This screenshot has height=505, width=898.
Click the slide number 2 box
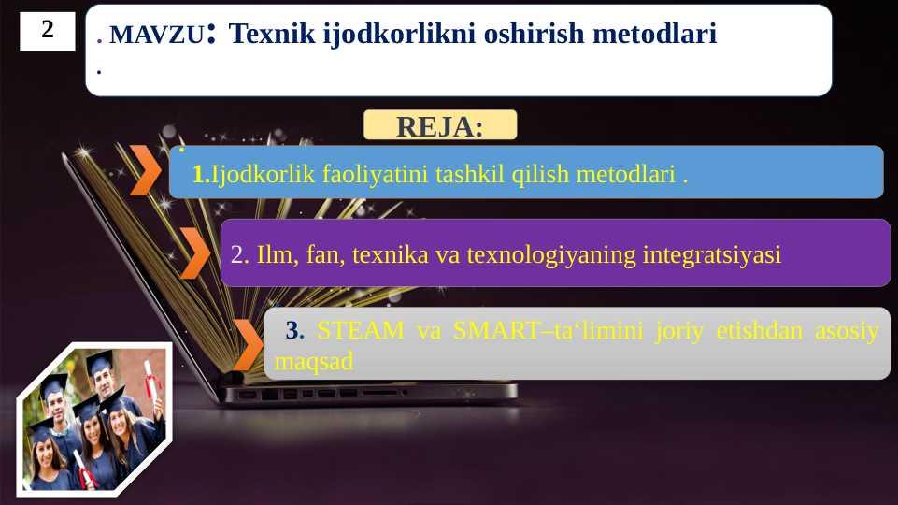pos(48,32)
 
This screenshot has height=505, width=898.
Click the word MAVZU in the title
pos(156,35)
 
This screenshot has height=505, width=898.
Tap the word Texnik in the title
pos(272,34)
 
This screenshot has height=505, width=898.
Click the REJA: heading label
pos(440,126)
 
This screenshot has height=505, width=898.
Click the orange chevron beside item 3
pos(248,345)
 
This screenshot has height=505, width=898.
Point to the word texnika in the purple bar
pos(390,255)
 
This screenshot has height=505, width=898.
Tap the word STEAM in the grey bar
pos(361,331)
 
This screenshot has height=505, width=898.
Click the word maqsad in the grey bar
pos(314,362)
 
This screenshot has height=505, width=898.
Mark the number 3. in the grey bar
pos(295,331)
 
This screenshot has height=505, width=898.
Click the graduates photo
pos(94,419)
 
